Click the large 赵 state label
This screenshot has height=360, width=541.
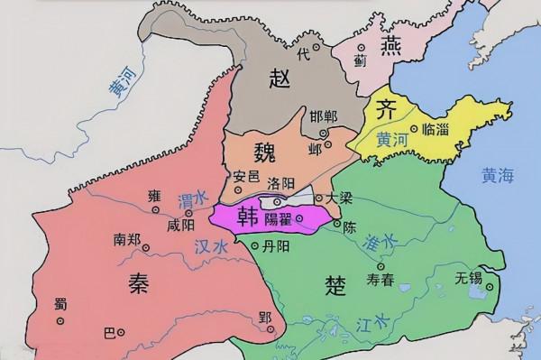coord(279,79)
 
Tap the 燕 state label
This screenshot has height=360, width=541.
coord(391,47)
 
